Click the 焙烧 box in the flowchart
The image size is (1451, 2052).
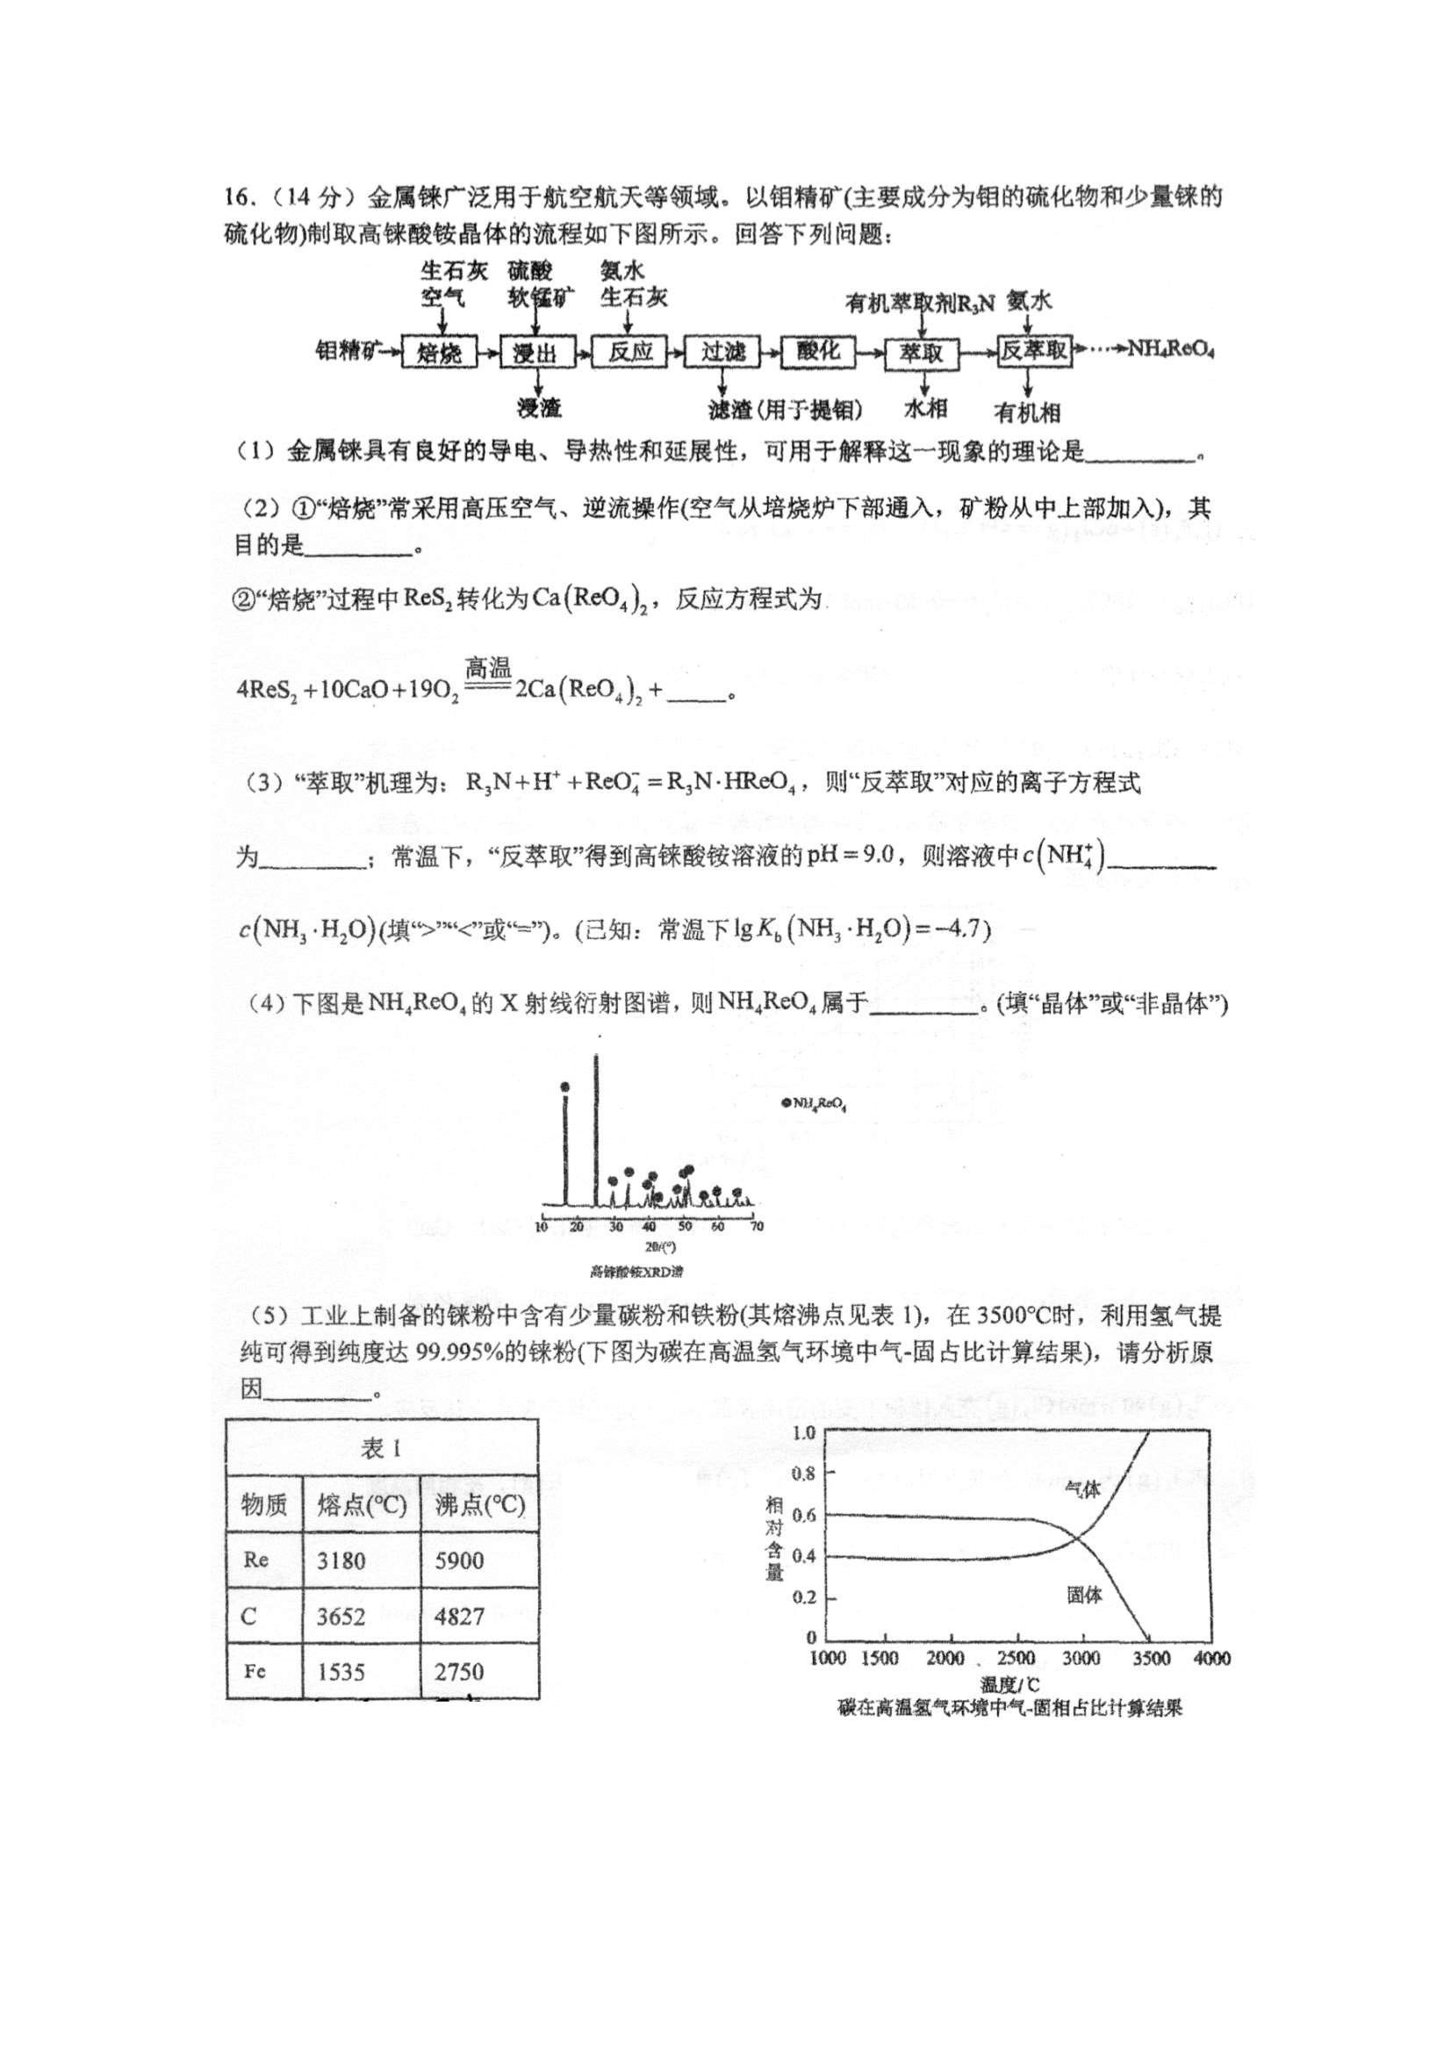pos(439,353)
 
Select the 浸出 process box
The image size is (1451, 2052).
pos(535,353)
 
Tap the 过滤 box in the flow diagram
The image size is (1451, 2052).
pos(722,351)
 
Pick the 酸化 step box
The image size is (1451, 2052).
pos(817,350)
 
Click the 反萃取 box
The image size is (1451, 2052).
pos(1034,351)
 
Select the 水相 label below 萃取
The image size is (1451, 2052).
pos(925,409)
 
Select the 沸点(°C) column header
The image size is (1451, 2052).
pos(480,1506)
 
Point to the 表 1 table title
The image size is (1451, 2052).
pos(382,1449)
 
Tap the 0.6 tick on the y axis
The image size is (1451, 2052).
pos(804,1516)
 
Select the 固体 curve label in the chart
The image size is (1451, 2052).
pos(1084,1595)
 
